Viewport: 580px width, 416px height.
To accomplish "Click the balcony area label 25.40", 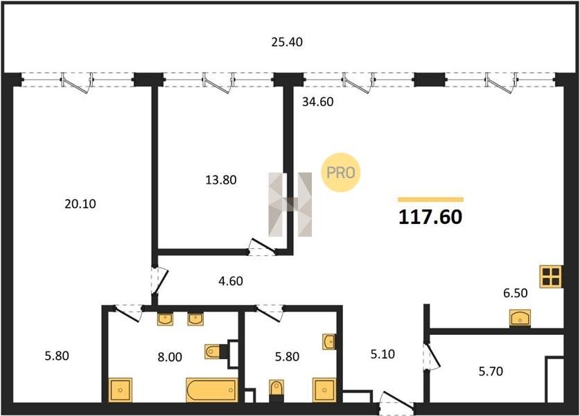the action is click(287, 42).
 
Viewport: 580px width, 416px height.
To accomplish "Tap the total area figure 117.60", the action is click(430, 217).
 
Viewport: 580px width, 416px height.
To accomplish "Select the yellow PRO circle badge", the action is click(340, 173).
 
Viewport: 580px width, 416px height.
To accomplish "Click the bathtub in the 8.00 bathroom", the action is click(211, 390).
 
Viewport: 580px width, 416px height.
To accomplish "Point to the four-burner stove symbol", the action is click(551, 277).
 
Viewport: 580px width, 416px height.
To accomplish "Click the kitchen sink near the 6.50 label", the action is click(520, 318).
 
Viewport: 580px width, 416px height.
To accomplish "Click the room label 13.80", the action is click(221, 180).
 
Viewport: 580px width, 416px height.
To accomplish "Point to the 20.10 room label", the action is click(80, 204).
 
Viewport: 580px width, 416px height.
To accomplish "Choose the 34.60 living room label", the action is click(318, 102).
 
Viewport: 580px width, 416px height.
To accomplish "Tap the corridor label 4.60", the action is click(231, 281).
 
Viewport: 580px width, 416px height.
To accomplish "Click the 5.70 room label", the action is click(491, 371).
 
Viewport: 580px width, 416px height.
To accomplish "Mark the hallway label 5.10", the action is click(383, 354).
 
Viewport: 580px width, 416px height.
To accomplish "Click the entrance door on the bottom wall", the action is click(396, 403).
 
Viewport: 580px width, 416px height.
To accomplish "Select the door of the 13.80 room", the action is click(262, 248).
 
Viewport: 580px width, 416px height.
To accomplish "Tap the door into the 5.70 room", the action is click(431, 357).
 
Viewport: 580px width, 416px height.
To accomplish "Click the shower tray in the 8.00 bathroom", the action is click(121, 390).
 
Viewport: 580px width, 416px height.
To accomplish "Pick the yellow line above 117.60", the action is click(430, 200).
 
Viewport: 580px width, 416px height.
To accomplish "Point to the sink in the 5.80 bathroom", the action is click(329, 342).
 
